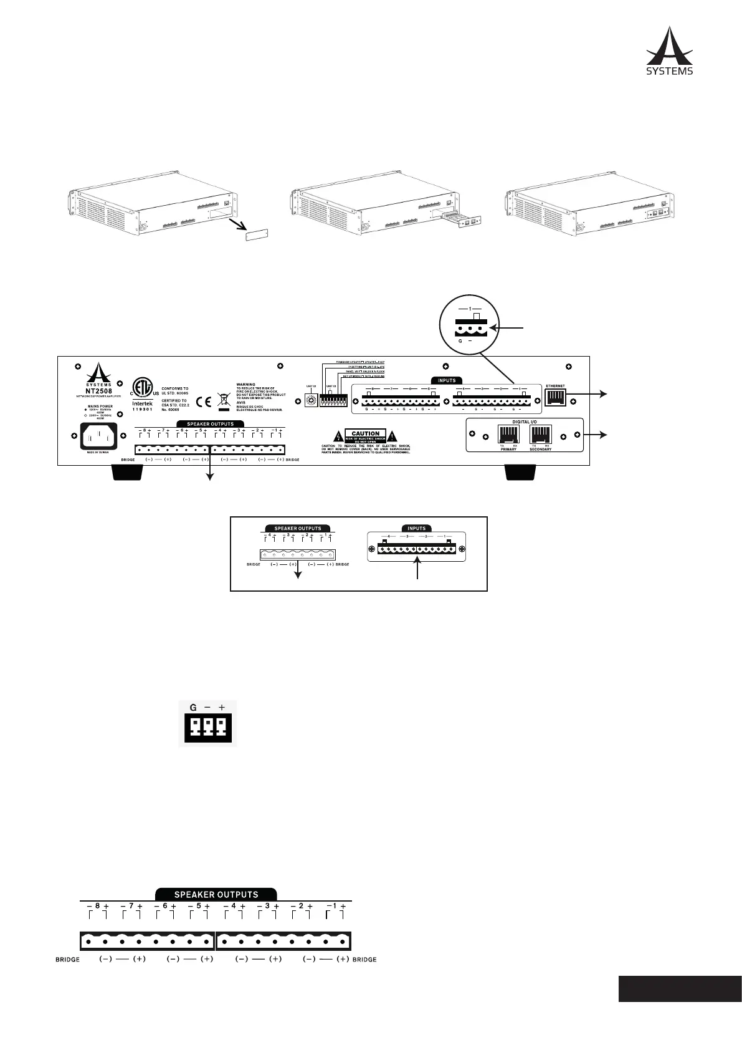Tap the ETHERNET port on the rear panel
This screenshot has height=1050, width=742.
pyautogui.click(x=556, y=397)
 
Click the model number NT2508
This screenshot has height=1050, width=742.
pyautogui.click(x=99, y=391)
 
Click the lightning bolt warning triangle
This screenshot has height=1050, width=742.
pyautogui.click(x=337, y=435)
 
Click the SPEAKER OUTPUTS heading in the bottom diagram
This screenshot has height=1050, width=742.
pyautogui.click(x=216, y=894)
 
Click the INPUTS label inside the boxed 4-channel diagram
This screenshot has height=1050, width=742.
pyautogui.click(x=416, y=529)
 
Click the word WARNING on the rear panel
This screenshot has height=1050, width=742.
pyautogui.click(x=245, y=385)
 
